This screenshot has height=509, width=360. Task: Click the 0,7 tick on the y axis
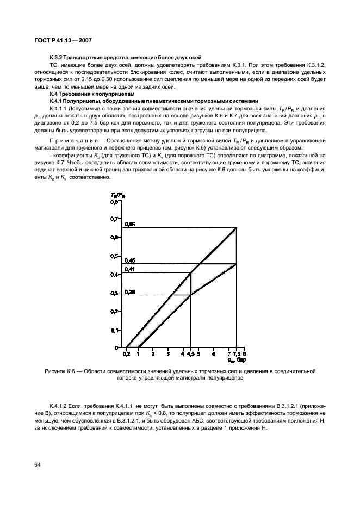114,219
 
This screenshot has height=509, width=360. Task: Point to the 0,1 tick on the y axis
114,330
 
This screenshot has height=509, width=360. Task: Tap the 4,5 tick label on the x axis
190,354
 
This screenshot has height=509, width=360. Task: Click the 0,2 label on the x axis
126,354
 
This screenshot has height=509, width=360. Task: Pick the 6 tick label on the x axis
214,354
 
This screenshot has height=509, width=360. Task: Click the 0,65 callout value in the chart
129,224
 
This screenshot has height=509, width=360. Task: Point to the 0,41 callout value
129,269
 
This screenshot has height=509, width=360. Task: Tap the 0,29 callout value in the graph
129,291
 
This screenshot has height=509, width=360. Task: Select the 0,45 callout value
129,260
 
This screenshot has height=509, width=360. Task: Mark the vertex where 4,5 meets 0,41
190,272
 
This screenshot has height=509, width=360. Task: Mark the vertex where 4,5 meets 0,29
190,295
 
